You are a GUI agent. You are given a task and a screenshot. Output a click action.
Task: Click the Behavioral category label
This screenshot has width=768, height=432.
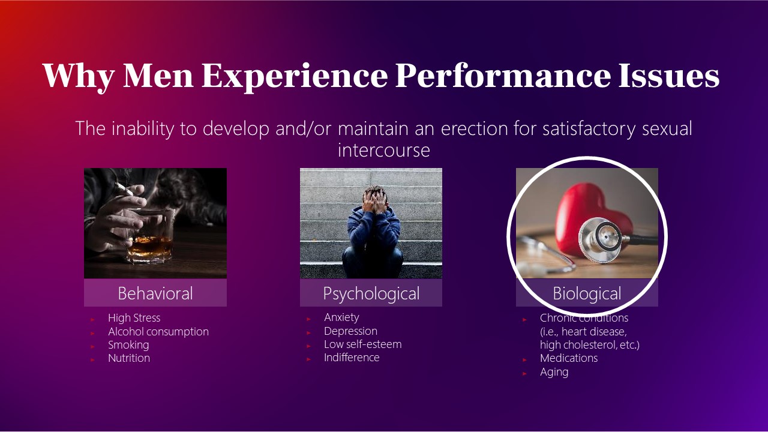click(155, 293)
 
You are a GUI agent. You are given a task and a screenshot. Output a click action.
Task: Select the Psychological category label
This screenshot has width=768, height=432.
click(371, 293)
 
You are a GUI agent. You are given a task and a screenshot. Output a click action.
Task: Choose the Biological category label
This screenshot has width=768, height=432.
click(587, 293)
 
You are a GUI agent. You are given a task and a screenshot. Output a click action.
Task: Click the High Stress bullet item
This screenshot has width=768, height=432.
click(134, 318)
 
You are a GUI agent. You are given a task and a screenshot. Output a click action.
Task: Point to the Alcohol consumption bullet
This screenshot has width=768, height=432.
click(158, 332)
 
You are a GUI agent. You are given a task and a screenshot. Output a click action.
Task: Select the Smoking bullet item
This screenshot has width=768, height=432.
click(128, 345)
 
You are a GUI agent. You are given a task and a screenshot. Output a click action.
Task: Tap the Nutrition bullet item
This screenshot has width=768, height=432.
click(129, 358)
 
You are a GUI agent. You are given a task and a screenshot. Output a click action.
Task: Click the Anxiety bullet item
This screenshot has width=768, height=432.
click(341, 317)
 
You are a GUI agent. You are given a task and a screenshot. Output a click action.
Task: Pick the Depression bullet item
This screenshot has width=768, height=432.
click(350, 331)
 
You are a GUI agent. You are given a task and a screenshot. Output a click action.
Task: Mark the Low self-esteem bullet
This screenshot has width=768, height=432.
click(362, 344)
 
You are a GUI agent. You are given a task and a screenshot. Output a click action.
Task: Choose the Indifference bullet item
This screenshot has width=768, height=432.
click(352, 358)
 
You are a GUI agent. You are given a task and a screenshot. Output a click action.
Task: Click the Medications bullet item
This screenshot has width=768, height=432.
click(569, 358)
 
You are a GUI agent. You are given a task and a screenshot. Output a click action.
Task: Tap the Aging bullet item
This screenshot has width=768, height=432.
click(554, 372)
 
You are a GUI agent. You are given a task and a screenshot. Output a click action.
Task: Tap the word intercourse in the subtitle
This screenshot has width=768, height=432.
click(384, 150)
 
